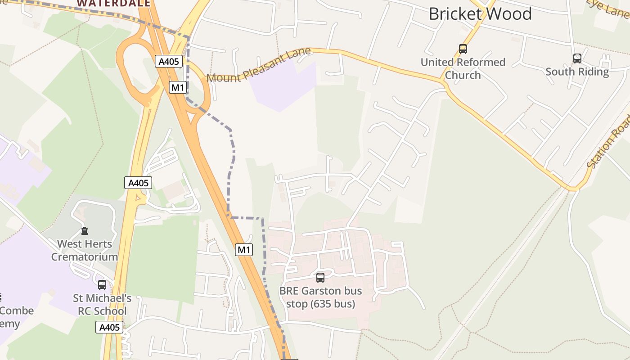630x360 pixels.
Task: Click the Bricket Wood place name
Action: (x=480, y=14)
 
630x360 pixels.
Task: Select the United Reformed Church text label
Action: (x=463, y=68)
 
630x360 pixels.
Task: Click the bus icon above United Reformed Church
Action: (x=463, y=49)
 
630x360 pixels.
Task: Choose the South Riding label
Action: (x=577, y=72)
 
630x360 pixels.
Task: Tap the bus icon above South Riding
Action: (x=577, y=58)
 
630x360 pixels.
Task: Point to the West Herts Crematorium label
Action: (x=84, y=251)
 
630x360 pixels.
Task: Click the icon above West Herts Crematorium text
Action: (x=84, y=231)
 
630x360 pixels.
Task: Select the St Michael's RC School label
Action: (x=102, y=305)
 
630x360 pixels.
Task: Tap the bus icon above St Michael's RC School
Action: (x=102, y=285)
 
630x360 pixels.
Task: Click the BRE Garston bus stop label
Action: (x=320, y=297)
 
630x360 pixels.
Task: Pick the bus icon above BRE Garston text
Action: (x=320, y=278)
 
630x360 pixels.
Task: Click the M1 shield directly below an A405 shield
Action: (x=178, y=87)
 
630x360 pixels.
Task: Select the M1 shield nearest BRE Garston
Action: (x=244, y=250)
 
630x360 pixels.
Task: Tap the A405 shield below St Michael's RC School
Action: (x=109, y=327)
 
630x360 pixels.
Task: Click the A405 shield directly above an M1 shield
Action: (x=169, y=61)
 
